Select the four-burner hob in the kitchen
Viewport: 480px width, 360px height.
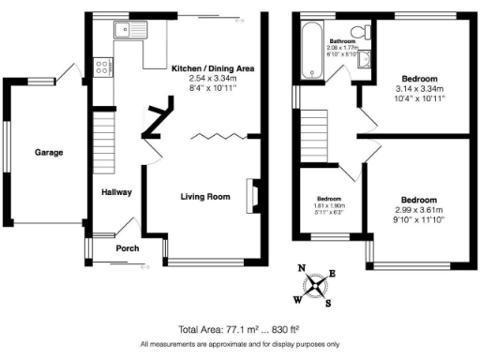point(101,67)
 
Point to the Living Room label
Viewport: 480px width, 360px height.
point(205,197)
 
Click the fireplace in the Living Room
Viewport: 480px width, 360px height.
point(249,193)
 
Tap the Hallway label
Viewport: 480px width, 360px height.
point(117,192)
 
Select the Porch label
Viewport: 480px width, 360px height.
point(127,249)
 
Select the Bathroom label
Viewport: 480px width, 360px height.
point(341,41)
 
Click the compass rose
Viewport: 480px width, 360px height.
point(318,284)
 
